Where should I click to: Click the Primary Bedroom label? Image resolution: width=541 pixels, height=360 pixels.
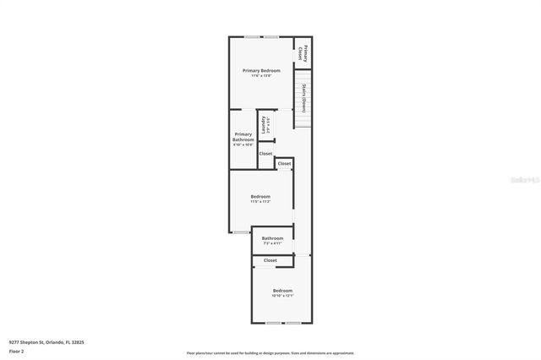tap(260, 70)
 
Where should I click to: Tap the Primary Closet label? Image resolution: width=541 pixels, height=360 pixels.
tap(304, 52)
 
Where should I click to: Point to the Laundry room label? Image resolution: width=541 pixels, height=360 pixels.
tap(265, 125)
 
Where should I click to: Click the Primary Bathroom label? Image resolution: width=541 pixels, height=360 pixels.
tap(243, 136)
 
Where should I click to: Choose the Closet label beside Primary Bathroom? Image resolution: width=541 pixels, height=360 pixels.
tap(265, 154)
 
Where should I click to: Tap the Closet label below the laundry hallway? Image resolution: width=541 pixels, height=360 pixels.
tap(284, 163)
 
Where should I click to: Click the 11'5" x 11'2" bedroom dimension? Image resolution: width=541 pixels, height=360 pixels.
tap(260, 202)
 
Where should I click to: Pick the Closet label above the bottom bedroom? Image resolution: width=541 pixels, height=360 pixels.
tap(270, 260)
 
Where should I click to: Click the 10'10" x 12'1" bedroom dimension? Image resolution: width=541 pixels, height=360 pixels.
tap(281, 296)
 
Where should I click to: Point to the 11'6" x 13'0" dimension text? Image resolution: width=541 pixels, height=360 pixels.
tap(260, 76)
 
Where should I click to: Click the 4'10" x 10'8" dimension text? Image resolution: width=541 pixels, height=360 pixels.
tap(243, 145)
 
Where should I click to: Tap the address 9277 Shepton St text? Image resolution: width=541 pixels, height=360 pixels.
tap(46, 342)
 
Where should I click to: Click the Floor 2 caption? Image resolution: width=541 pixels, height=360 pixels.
tap(17, 350)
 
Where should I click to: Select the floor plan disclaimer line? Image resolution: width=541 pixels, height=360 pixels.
tap(270, 353)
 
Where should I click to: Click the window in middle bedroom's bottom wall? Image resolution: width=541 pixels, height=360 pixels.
tap(241, 232)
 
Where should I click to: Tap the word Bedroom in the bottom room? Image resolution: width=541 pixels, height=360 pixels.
tap(281, 290)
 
